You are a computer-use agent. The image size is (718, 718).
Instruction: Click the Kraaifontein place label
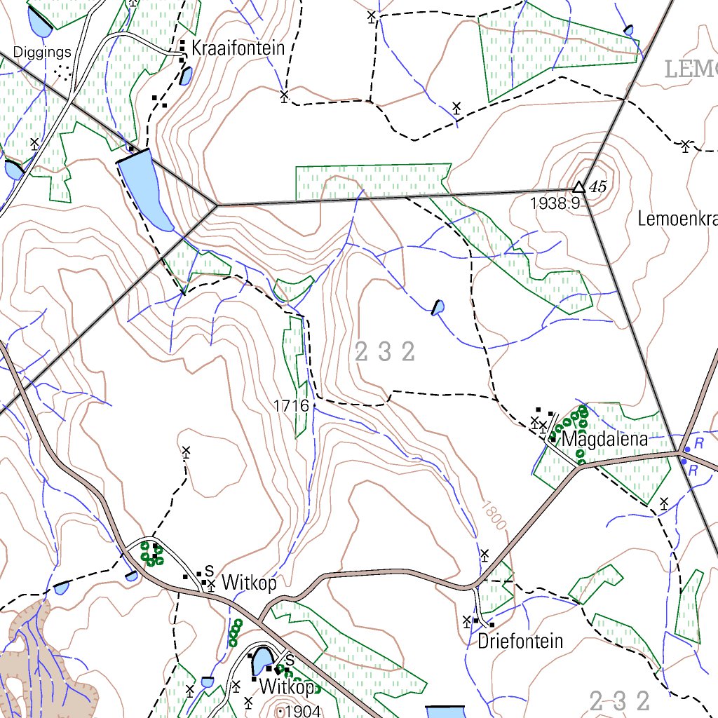coord(238,48)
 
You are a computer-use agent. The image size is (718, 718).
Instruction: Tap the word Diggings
coord(42,53)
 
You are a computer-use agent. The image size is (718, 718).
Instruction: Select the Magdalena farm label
coord(604,440)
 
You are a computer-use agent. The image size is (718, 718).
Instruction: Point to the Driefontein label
coord(520,641)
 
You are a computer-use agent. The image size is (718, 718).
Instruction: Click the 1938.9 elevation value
coord(555,203)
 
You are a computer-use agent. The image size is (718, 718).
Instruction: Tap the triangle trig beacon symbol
coord(578,187)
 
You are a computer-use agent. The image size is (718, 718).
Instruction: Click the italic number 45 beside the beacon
coord(597,187)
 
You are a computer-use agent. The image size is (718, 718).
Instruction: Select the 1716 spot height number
coord(292,406)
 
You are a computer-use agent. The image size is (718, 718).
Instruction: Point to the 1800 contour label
coord(493,515)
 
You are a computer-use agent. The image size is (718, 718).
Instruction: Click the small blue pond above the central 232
coord(438,308)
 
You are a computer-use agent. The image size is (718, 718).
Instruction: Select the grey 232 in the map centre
coord(385,352)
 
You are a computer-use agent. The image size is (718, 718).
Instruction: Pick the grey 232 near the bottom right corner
coord(620,700)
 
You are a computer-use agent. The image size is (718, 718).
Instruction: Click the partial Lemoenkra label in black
coord(677,219)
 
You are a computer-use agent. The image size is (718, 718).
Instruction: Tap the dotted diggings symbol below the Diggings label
coord(64,70)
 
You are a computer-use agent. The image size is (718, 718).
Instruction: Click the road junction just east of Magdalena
coord(680,454)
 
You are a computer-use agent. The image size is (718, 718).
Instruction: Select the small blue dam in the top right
coord(628,30)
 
